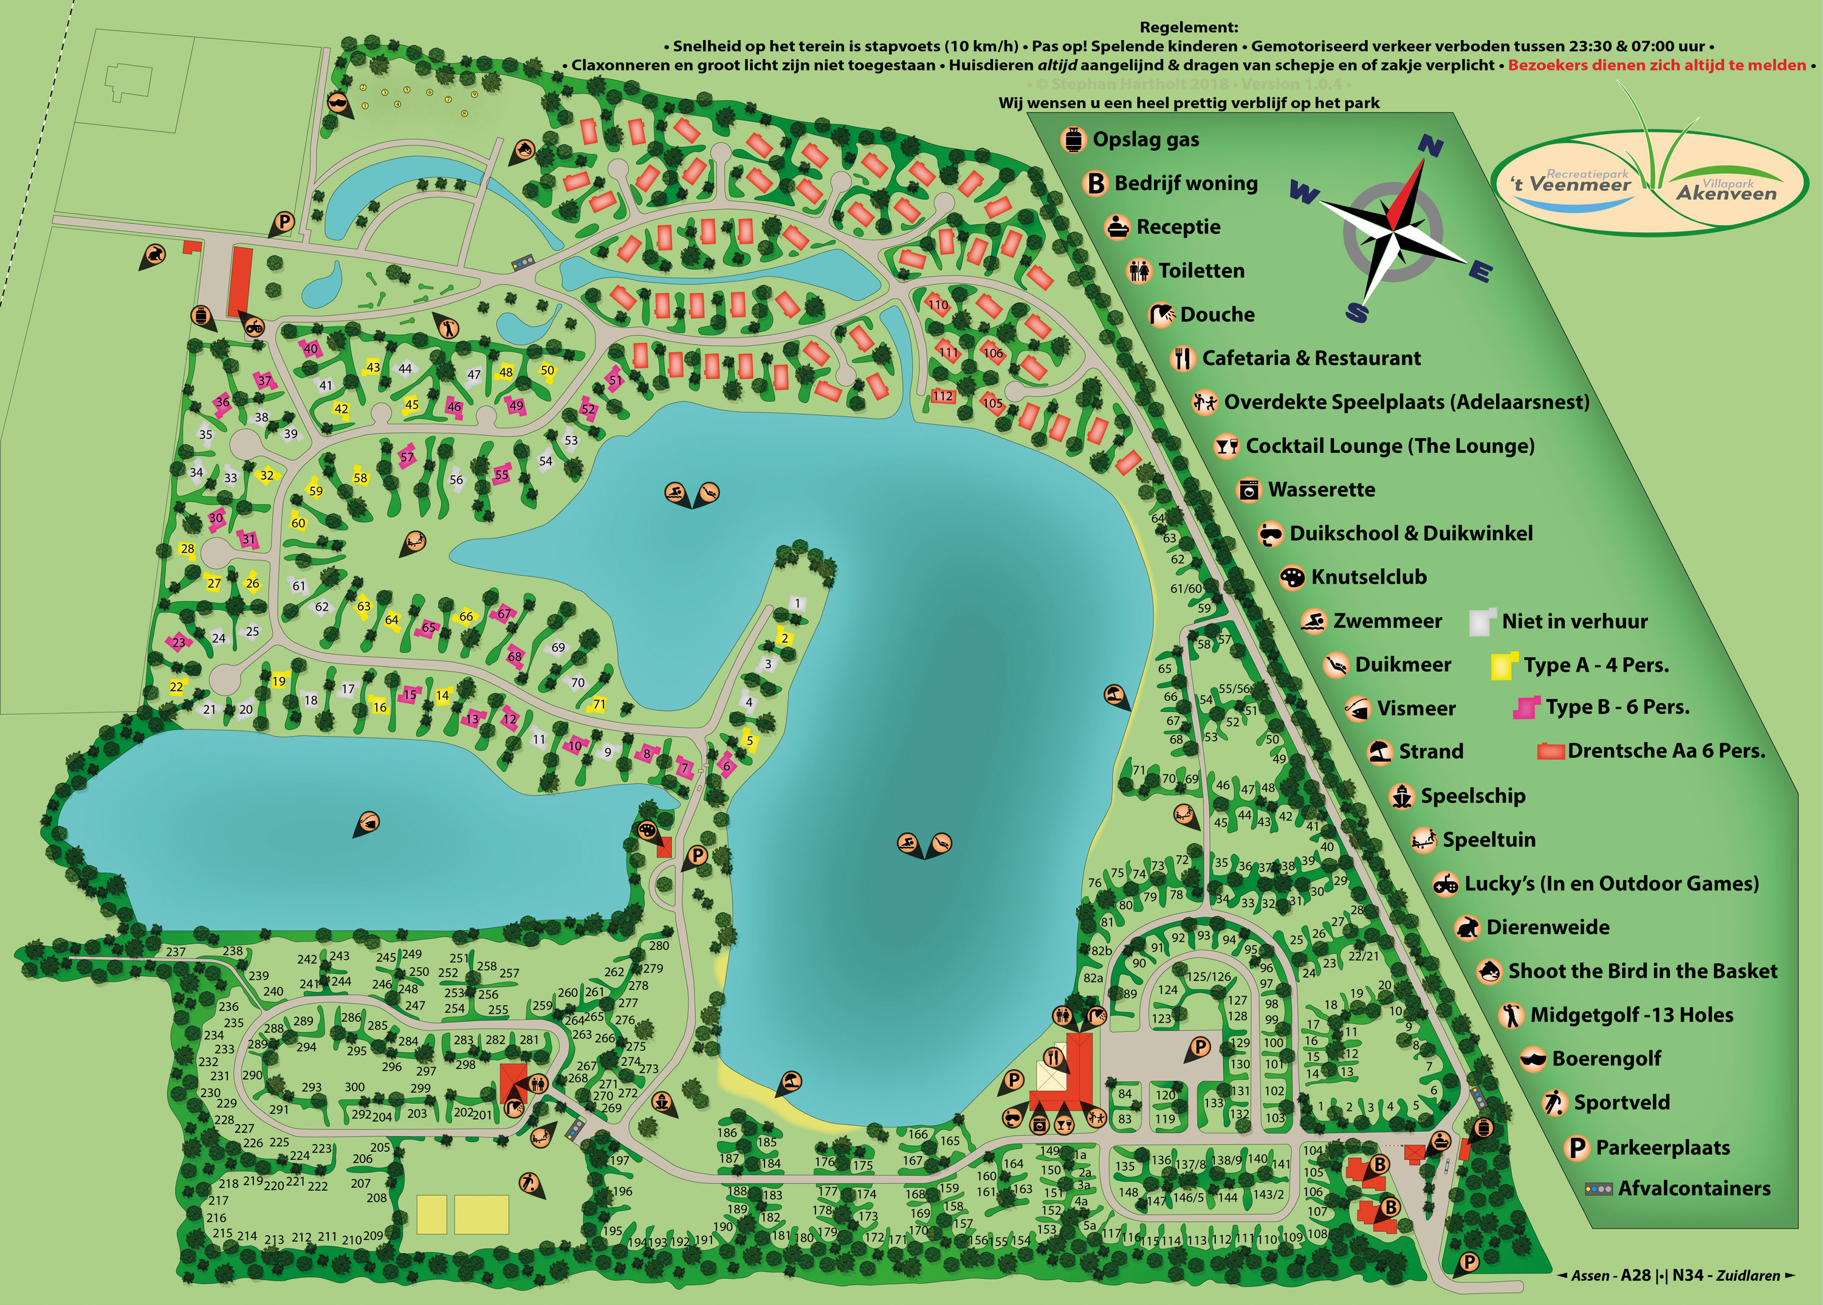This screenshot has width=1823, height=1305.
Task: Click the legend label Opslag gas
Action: click(1145, 140)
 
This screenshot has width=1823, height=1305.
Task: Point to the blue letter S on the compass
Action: click(1356, 312)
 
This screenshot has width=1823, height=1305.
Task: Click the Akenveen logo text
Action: click(1726, 192)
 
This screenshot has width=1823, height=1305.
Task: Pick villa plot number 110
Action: click(938, 305)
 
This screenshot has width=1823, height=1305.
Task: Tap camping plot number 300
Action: click(354, 1086)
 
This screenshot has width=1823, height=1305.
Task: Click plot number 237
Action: click(176, 951)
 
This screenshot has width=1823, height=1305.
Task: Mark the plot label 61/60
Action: click(1186, 588)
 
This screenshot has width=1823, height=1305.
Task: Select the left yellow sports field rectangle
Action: click(431, 1213)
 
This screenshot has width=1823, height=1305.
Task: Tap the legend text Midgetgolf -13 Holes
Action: click(1631, 1015)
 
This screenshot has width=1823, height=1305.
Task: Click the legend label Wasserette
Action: click(1321, 489)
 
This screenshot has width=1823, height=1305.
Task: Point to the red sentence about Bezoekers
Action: click(1656, 65)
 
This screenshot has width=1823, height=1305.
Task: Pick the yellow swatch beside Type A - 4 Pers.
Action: click(1501, 666)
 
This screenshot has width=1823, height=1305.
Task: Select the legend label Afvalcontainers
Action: click(1694, 1188)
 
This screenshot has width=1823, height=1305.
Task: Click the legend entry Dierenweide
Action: click(1547, 928)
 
